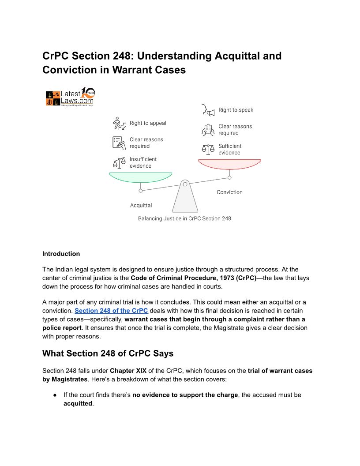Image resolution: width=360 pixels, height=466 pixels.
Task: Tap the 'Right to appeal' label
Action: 148,123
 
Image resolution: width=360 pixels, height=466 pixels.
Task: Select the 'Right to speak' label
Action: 236,110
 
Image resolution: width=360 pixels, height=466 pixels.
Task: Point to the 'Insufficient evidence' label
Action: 143,162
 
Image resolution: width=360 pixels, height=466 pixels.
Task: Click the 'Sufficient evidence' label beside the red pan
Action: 230,149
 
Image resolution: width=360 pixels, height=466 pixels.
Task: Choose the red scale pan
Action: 229,164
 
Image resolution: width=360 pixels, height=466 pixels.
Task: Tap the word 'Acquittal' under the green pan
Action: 141,205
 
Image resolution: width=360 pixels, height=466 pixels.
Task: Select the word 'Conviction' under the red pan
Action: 229,192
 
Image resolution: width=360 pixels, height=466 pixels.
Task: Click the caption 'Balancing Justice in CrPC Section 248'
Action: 184,218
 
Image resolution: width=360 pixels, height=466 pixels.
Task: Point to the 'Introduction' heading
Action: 61,254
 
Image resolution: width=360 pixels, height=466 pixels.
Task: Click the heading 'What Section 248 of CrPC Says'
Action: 108,353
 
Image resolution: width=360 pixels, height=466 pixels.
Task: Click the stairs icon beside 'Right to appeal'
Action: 119,123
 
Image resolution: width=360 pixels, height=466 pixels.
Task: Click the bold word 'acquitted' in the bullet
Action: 78,403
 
